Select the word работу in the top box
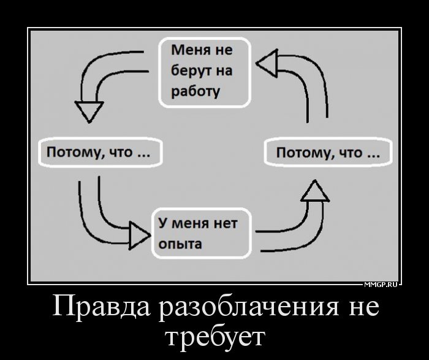click(x=196, y=91)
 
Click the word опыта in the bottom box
click(x=180, y=243)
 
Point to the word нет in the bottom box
click(x=226, y=223)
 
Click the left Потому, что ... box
click(x=99, y=152)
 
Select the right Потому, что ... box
click(x=328, y=152)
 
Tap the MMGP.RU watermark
click(x=381, y=285)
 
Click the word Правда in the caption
click(x=101, y=305)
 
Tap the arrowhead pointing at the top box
click(x=267, y=63)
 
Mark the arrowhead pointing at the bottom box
click(x=140, y=236)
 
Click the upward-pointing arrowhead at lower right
click(x=315, y=191)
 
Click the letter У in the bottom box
click(x=162, y=223)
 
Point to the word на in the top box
click(x=224, y=71)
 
